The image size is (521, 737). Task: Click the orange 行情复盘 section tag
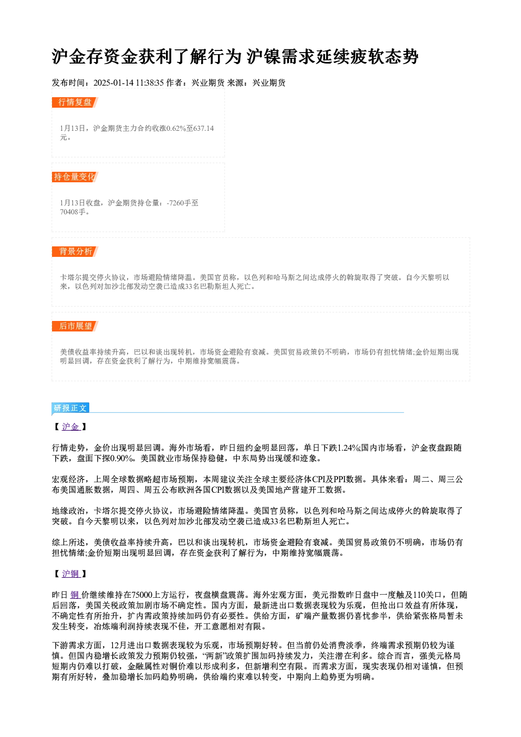[75, 102]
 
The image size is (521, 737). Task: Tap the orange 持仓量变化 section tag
[75, 177]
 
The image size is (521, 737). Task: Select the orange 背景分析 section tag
[75, 252]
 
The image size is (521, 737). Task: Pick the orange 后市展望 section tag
[75, 326]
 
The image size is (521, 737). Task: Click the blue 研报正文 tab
[70, 408]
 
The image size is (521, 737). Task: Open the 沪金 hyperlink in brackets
[70, 427]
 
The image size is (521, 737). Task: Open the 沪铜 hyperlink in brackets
[70, 574]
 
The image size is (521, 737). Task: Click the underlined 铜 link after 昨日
[75, 595]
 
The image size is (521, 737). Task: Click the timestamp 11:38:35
[150, 83]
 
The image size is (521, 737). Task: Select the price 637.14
[204, 129]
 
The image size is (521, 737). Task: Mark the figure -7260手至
[183, 203]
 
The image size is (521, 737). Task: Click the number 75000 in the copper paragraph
[142, 595]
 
